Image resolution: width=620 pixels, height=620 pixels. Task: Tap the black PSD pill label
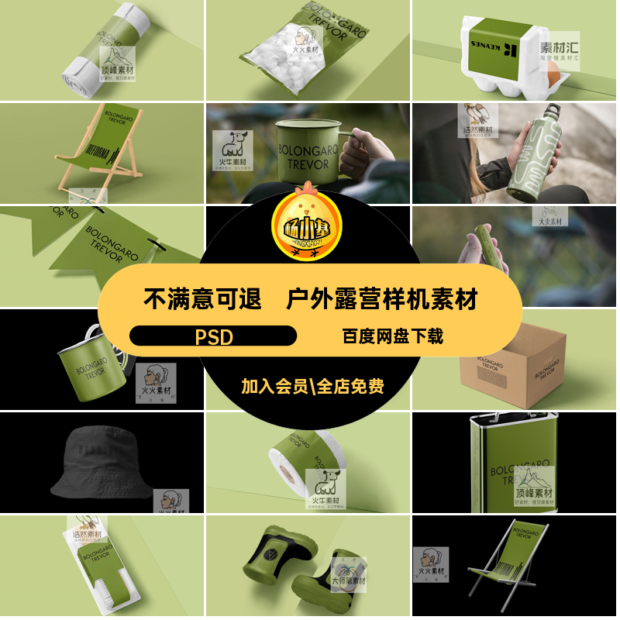pyautogui.click(x=213, y=336)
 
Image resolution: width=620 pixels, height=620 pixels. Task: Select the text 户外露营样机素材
pyautogui.click(x=382, y=298)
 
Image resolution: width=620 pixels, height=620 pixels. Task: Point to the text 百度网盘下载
pyautogui.click(x=393, y=336)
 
